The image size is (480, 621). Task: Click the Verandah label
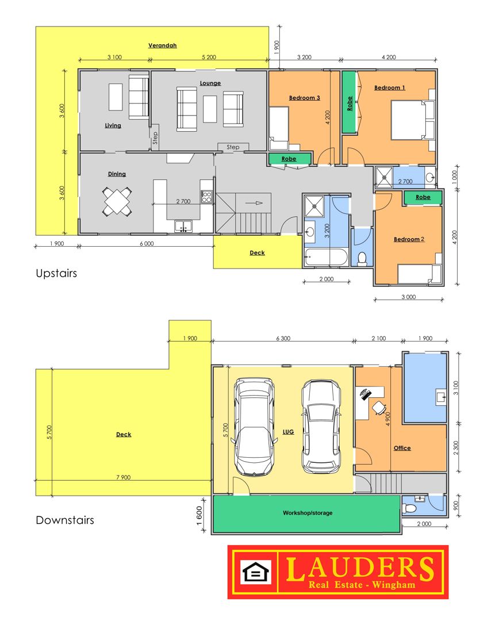click(x=162, y=45)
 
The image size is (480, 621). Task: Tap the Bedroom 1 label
click(x=390, y=88)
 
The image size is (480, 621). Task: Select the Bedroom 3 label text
click(x=305, y=98)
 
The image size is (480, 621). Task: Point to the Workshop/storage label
click(x=308, y=513)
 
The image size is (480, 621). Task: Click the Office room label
click(x=402, y=448)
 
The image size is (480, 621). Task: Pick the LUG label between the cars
click(x=289, y=432)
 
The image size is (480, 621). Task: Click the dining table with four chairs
click(x=117, y=201)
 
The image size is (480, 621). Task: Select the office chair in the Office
click(x=379, y=408)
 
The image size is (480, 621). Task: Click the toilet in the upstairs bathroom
click(x=362, y=259)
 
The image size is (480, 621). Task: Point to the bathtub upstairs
click(x=327, y=258)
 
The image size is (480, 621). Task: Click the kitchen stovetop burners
click(x=207, y=197)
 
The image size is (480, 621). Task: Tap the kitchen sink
click(x=183, y=227)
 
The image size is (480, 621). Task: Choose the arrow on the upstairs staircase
click(x=254, y=203)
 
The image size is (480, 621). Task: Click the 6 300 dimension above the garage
click(x=283, y=338)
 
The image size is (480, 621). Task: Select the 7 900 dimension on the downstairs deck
click(x=124, y=477)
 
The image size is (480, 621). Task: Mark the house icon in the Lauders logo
click(x=256, y=572)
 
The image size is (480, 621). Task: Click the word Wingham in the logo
click(x=394, y=585)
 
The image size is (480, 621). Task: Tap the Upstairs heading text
click(x=56, y=274)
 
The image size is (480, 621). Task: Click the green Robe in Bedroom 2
click(x=423, y=197)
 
